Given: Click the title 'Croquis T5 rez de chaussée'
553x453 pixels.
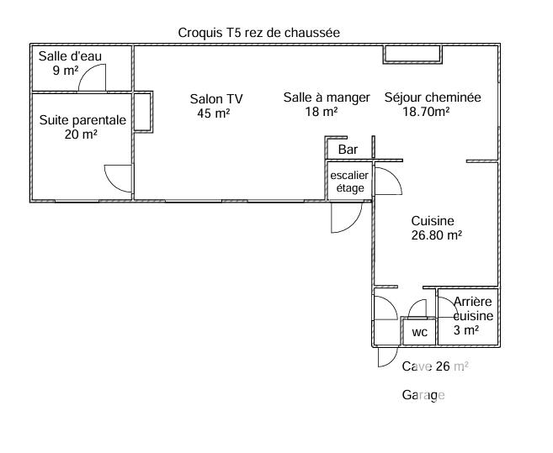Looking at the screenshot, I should tap(258, 33).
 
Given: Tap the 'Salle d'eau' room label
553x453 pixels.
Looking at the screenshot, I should tap(70, 56).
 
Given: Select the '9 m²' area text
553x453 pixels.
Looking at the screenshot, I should tap(65, 71).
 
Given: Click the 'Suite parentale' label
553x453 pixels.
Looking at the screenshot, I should tap(82, 120).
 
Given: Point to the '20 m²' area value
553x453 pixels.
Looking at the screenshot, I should tap(81, 134).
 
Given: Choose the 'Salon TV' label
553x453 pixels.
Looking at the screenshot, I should tap(216, 98).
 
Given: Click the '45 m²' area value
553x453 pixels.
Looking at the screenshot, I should tap(214, 113).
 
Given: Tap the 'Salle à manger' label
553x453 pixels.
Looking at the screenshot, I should tap(326, 97).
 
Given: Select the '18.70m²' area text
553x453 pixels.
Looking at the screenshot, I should tap(426, 111).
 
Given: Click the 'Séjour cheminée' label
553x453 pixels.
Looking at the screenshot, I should tap(433, 97).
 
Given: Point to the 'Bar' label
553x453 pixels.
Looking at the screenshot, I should tap(348, 150).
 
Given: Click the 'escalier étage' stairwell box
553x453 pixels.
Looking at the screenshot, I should tap(349, 182).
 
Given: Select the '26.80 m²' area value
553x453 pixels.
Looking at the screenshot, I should tap(436, 236).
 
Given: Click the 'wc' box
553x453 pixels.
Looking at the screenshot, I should tap(419, 333).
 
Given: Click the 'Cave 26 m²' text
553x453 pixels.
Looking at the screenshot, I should tap(435, 366).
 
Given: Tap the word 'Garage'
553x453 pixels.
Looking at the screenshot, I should tap(423, 395).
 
